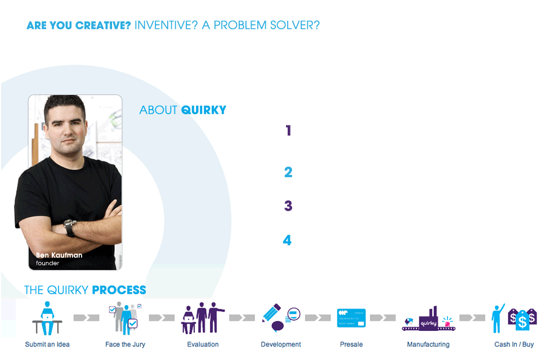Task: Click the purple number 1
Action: (x=288, y=130)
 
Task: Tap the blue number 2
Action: (x=288, y=172)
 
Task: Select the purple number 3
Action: (x=288, y=206)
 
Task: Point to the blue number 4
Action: (x=287, y=240)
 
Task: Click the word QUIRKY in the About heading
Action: (x=204, y=110)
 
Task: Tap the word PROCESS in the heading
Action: (x=119, y=290)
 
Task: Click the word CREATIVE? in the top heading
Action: (x=103, y=25)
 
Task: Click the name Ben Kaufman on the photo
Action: (x=59, y=255)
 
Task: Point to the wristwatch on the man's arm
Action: (x=70, y=228)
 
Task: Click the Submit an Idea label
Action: (x=47, y=344)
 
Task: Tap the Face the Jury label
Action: (x=125, y=344)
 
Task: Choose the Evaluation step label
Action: (x=203, y=344)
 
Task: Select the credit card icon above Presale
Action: (x=351, y=318)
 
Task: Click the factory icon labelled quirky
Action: (x=428, y=319)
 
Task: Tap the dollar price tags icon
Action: (x=522, y=319)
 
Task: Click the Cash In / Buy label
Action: (x=514, y=344)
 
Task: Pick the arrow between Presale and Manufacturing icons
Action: (x=383, y=318)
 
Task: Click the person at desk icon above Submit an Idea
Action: (x=47, y=318)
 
